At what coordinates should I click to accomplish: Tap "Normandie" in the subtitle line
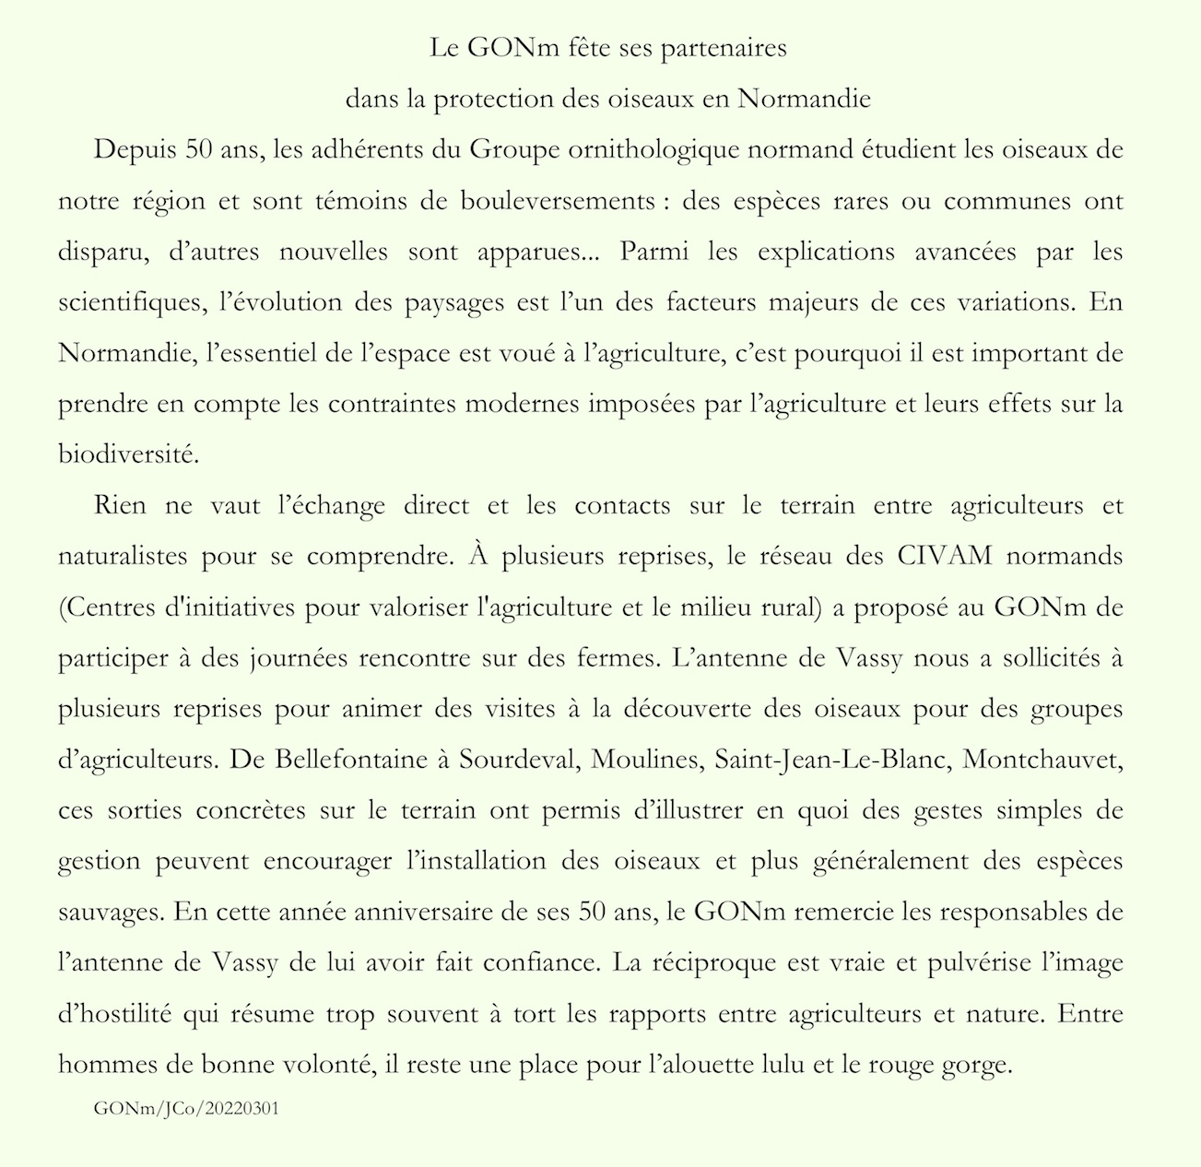click(x=805, y=99)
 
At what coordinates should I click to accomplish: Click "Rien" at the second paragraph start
click(x=119, y=506)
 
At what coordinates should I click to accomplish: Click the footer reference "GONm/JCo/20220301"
click(x=186, y=1108)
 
